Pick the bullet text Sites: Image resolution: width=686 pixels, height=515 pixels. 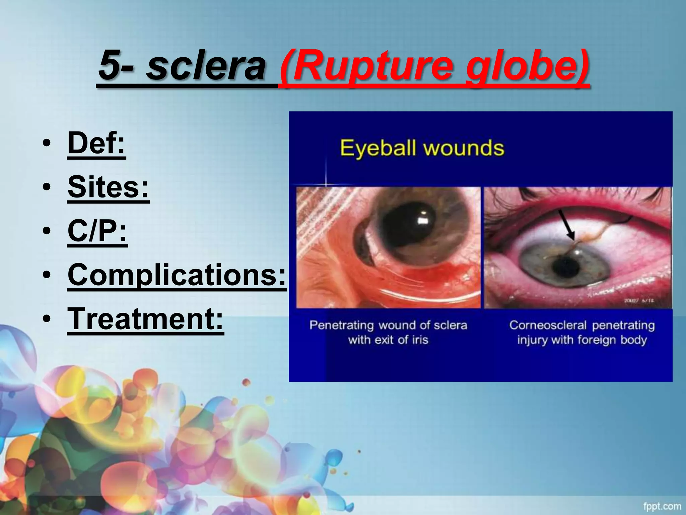coord(108,187)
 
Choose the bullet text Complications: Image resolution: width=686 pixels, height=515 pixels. coord(177,275)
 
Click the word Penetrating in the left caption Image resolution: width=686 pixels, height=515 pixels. coord(341,325)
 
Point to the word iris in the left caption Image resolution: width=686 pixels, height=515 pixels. coord(420,340)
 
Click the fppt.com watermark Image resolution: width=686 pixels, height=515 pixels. coord(662,506)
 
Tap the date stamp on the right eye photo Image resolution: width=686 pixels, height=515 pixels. coord(643,301)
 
